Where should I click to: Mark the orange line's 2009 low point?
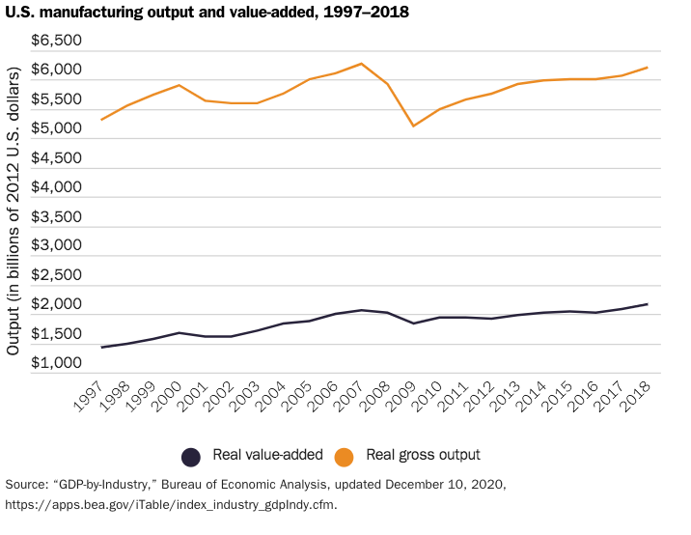[x=413, y=126]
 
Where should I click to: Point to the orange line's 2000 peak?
[x=179, y=85]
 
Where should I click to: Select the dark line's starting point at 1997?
[x=100, y=348]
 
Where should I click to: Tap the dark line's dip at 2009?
[x=413, y=324]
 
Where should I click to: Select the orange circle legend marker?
[x=343, y=456]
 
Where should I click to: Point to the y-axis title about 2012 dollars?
[x=14, y=211]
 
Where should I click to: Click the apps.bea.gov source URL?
[x=172, y=504]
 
